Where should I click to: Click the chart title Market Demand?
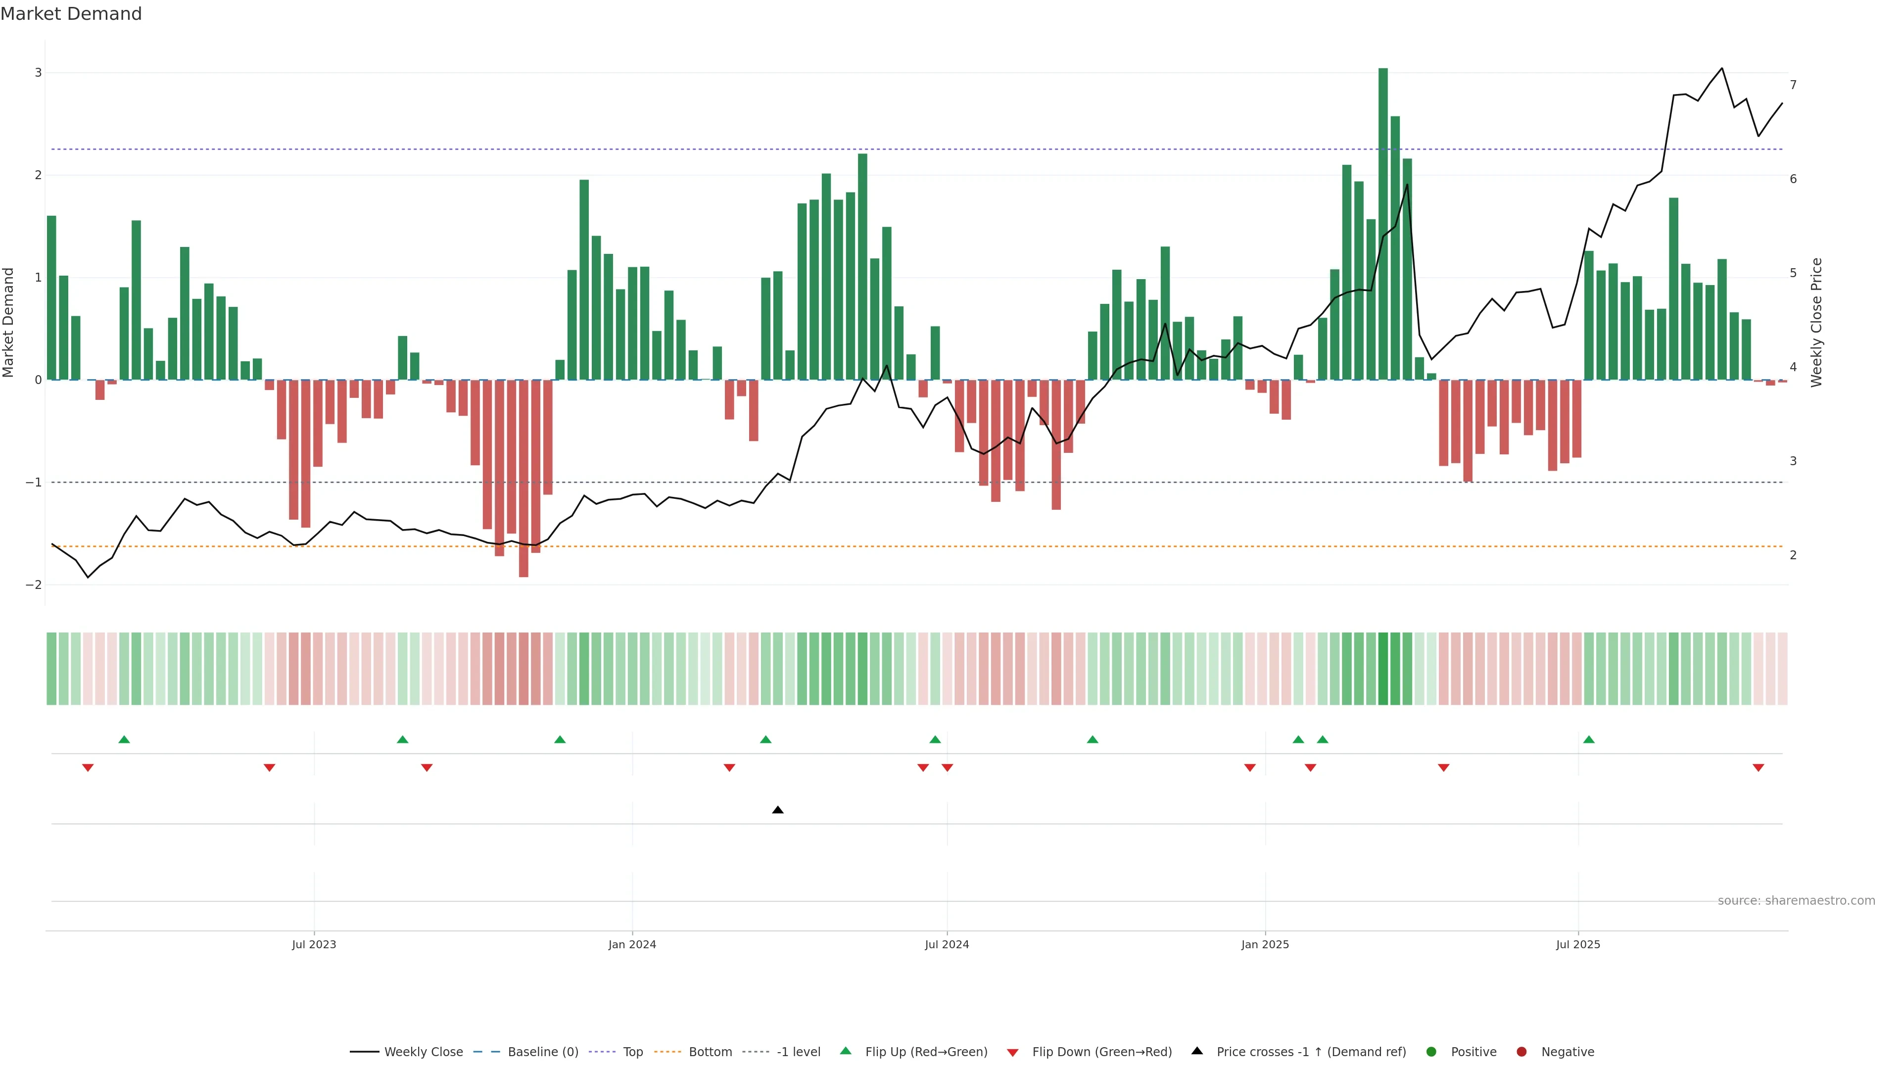click(71, 14)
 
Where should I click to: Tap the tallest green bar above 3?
click(1383, 221)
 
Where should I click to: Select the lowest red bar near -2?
click(523, 480)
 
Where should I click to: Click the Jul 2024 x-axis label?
click(947, 944)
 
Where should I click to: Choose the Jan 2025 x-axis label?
click(1265, 944)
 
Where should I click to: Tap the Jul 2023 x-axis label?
click(314, 944)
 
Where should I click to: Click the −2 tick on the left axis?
click(33, 585)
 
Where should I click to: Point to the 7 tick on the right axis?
click(1793, 85)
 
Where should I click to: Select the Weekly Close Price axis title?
click(1816, 322)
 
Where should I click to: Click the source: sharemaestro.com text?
click(1796, 901)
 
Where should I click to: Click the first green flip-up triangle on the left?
click(124, 739)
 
